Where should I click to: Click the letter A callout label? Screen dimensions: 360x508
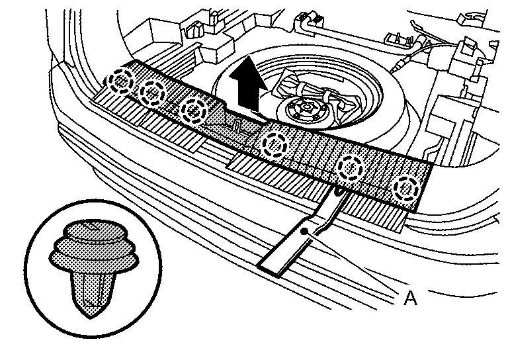(x=410, y=300)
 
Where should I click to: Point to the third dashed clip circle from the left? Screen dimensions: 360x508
(x=194, y=109)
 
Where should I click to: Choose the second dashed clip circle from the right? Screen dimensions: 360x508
(x=351, y=169)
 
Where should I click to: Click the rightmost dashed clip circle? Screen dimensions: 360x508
(x=404, y=189)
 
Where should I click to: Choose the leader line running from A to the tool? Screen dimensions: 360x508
(x=357, y=265)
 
